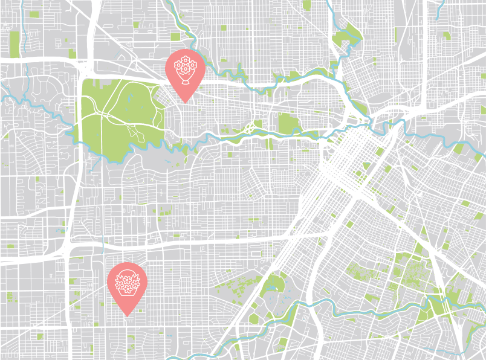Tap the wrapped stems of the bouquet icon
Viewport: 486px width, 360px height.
[x=184, y=80]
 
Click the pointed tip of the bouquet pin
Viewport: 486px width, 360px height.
[x=184, y=101]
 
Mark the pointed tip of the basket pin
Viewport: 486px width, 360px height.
[x=127, y=315]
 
